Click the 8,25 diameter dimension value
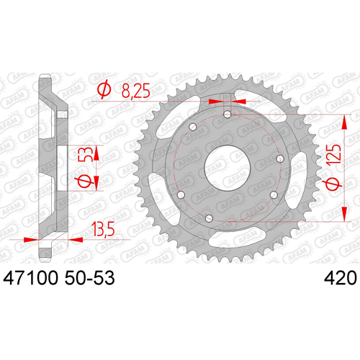coord(136,91)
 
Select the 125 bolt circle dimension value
coord(334,154)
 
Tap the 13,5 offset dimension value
coord(104,229)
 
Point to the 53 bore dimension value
coord(86,154)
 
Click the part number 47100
coord(30,278)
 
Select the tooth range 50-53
coord(89,278)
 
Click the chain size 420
coord(341,278)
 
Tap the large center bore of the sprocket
coord(228,168)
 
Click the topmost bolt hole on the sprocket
coord(227,114)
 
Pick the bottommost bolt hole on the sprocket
coord(209,218)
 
